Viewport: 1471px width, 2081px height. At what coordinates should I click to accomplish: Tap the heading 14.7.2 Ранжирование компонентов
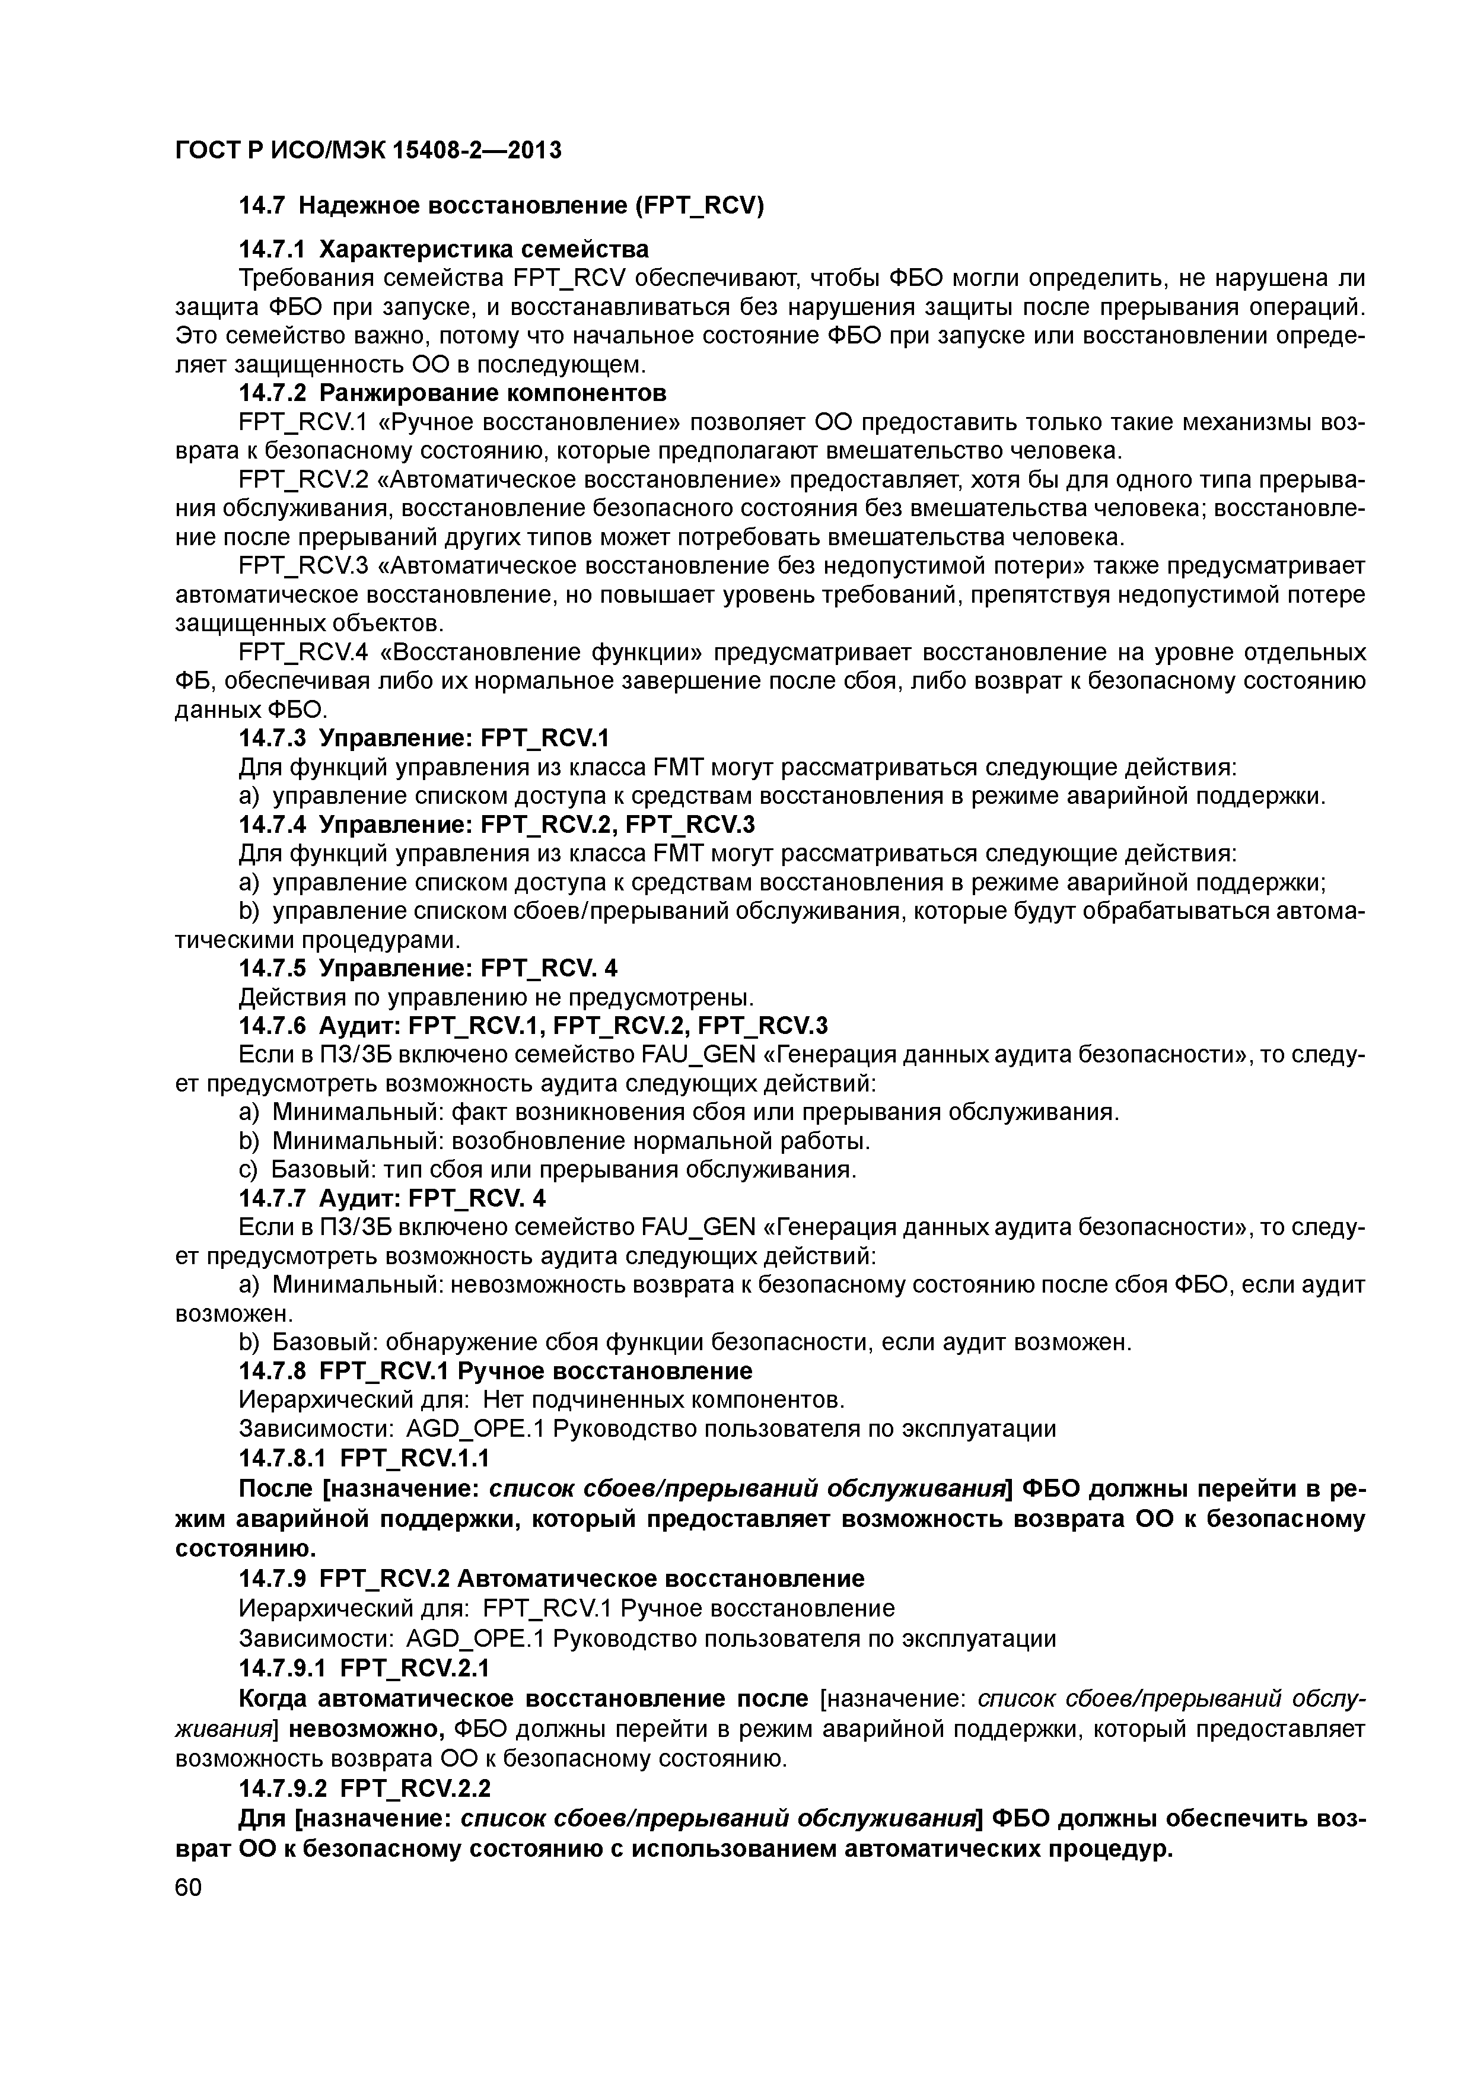(452, 393)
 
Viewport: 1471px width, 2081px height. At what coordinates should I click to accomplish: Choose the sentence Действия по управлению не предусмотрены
(496, 997)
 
